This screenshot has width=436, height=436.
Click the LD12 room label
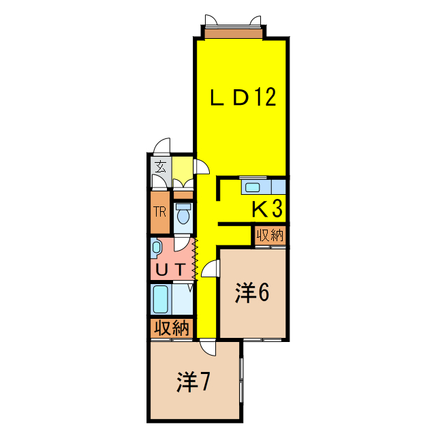[243, 97]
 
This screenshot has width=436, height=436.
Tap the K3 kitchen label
[267, 209]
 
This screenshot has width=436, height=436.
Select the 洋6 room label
[252, 292]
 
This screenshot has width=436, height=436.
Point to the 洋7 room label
[193, 381]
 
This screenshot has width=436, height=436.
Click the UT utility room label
[171, 269]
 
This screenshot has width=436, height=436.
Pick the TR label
[159, 212]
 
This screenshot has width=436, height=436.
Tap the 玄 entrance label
[161, 166]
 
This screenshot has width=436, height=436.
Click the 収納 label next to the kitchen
[270, 236]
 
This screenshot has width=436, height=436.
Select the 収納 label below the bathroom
[172, 328]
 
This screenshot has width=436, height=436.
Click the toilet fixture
[183, 214]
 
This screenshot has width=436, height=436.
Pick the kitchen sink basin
[253, 187]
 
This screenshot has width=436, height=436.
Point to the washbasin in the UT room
[156, 247]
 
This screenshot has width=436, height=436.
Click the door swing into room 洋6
[210, 268]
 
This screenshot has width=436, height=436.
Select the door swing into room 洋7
[208, 347]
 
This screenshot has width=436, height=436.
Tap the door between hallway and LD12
[202, 166]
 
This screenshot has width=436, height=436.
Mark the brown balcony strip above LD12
[233, 33]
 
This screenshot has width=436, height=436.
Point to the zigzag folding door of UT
[195, 260]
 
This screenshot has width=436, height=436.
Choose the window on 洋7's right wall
[241, 380]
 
